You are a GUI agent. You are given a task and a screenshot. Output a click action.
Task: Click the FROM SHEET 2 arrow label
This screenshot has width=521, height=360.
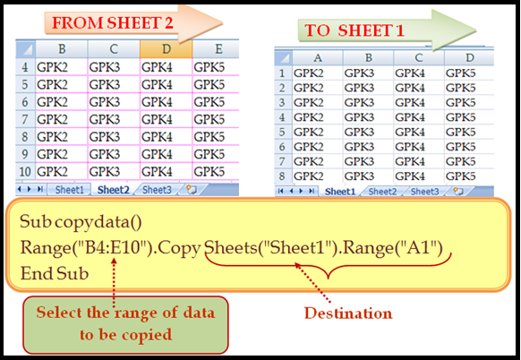point(112,23)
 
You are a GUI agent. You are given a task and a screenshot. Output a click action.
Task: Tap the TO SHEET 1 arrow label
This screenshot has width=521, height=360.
point(354,30)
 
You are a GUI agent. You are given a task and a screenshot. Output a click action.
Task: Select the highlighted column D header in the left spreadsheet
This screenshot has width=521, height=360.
point(167,49)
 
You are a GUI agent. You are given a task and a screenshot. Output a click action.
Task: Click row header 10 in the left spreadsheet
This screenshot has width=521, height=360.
point(25,172)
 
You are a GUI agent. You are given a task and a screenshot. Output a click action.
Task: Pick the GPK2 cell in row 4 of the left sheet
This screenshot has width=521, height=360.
point(62,67)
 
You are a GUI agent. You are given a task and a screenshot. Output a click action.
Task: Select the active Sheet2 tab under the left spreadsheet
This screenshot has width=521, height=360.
point(114,190)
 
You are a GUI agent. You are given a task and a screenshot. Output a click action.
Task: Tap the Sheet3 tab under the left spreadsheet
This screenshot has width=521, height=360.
point(157,190)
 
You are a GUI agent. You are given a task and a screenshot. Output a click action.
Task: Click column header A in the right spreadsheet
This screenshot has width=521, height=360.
point(318,58)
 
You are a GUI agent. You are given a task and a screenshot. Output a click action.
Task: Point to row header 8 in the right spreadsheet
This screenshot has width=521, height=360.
point(282,176)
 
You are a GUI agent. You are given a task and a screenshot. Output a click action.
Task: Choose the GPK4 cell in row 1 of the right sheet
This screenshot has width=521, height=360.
point(419,73)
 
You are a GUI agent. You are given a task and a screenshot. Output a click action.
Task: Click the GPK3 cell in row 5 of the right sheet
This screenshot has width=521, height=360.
point(368,132)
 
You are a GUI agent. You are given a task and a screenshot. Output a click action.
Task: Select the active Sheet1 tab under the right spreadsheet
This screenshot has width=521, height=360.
point(339,192)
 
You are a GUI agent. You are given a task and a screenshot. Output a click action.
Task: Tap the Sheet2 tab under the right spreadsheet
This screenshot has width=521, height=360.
point(382,192)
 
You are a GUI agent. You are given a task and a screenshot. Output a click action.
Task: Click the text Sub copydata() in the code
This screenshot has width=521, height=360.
point(81,222)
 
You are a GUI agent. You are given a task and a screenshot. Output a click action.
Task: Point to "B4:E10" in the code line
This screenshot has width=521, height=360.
point(111,248)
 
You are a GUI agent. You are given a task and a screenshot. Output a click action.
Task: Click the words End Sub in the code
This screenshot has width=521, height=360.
point(55,273)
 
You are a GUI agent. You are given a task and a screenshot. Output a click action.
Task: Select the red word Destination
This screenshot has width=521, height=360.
point(348,313)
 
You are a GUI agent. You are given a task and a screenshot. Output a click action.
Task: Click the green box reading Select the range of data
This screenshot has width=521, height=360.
point(125,324)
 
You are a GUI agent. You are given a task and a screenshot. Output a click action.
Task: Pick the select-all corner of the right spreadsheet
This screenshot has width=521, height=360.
point(284,58)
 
